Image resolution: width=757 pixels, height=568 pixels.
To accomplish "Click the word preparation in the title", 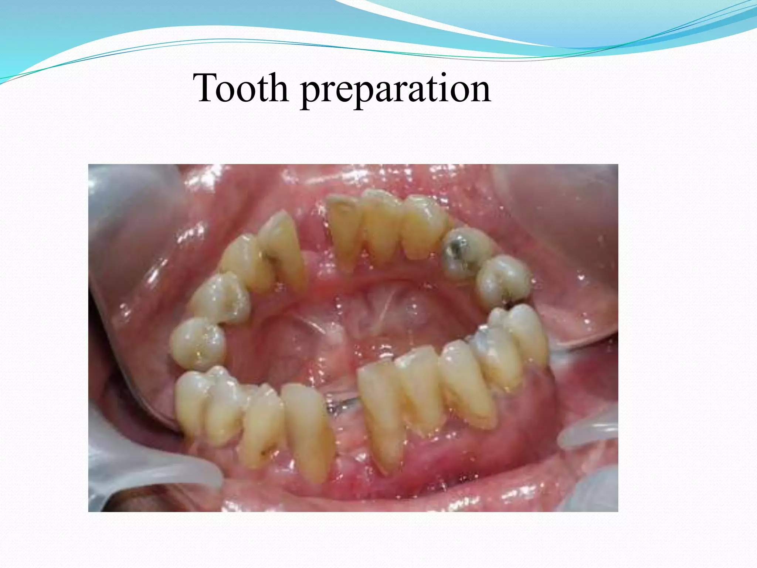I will (x=396, y=91).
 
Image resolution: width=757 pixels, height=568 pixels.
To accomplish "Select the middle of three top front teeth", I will (x=381, y=226).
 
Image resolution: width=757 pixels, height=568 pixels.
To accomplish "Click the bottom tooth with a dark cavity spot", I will (x=262, y=425).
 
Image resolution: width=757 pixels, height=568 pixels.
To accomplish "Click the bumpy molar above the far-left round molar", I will (x=220, y=298).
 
